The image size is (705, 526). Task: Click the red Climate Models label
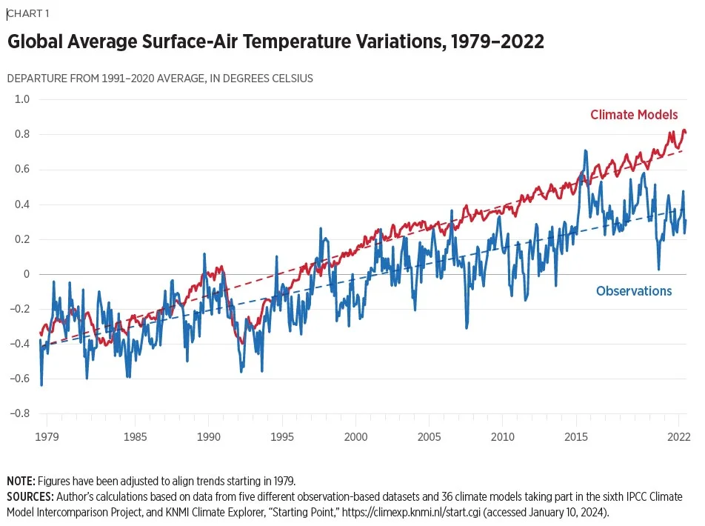[x=634, y=115]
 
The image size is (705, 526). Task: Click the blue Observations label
[x=634, y=291]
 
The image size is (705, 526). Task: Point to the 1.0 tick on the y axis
[x=22, y=99]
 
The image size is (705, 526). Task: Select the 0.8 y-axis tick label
[x=22, y=134]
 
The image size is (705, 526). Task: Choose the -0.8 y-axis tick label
[x=20, y=413]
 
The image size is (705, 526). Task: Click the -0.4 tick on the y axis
[x=20, y=344]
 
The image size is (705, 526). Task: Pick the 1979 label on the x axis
[x=47, y=436]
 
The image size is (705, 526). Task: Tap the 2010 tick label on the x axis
[x=503, y=436]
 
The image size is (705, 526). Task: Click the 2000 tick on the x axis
[x=356, y=436]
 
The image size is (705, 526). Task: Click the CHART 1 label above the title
[x=27, y=13]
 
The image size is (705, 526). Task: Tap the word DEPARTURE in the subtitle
[x=36, y=79]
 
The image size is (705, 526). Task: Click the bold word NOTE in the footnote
[x=21, y=482]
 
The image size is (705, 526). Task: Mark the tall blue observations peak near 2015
[x=585, y=151]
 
